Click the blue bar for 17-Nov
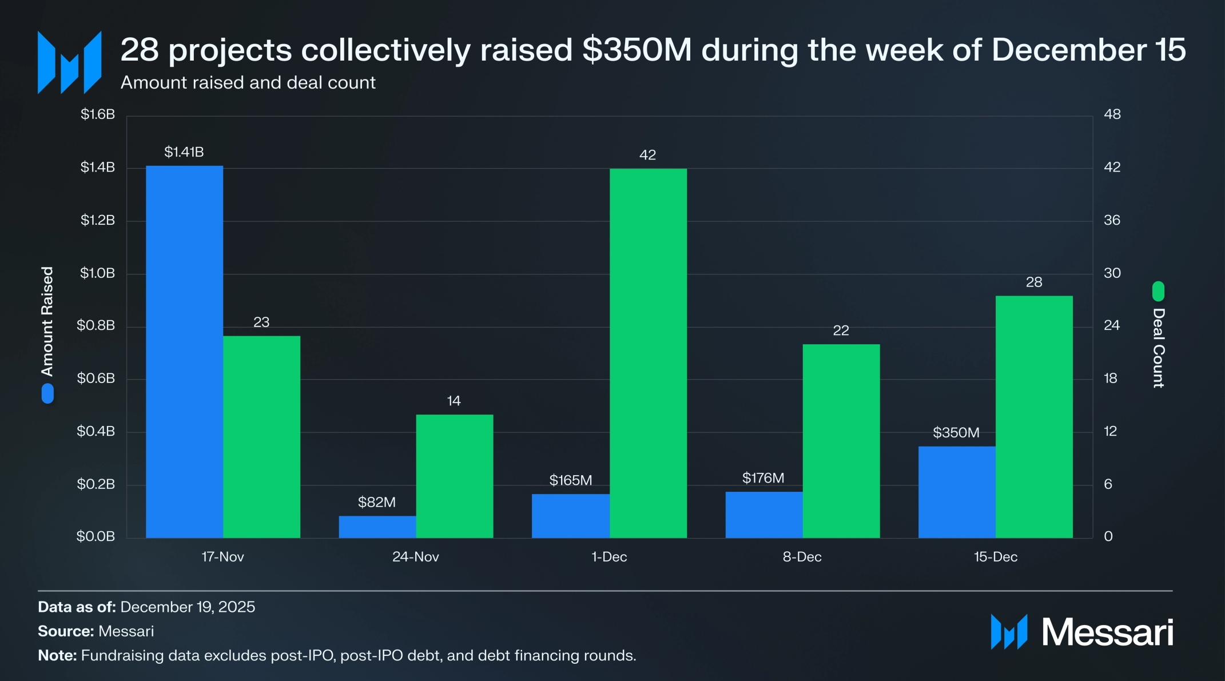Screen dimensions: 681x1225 coord(184,352)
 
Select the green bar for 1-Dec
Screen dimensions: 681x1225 coord(648,353)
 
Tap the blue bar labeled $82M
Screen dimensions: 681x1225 coord(377,527)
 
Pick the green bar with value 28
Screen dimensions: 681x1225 coord(1034,416)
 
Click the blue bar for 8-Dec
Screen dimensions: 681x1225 coord(764,515)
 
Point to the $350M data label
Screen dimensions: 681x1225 coord(956,433)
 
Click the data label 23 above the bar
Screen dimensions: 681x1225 coord(261,322)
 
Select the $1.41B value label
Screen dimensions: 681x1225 coord(184,152)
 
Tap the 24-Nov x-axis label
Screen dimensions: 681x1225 coord(416,557)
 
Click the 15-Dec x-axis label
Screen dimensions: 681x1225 coord(996,557)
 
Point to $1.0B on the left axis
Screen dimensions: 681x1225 coord(97,273)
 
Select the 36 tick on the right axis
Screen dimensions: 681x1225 coord(1112,220)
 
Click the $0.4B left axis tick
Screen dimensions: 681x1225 coord(96,431)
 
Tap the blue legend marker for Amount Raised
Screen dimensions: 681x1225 coord(48,393)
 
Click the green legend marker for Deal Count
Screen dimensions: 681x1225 coord(1158,291)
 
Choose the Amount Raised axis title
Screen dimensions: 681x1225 coord(47,321)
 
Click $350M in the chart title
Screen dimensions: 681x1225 coord(637,50)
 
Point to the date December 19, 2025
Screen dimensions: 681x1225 coord(188,607)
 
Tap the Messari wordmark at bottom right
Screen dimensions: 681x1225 coord(1107,632)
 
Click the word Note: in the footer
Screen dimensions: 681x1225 coord(57,655)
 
